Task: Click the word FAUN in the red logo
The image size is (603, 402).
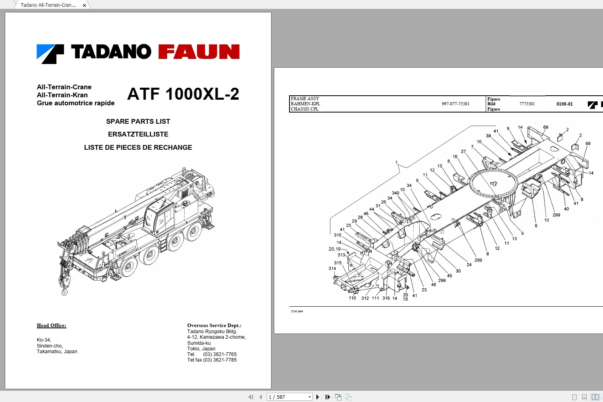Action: (199, 52)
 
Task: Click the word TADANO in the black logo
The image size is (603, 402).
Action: (111, 52)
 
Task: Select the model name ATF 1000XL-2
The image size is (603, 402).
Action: (183, 94)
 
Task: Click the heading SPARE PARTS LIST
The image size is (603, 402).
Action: (138, 121)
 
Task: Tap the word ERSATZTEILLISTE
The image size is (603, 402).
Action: (138, 134)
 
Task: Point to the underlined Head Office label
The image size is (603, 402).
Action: (51, 326)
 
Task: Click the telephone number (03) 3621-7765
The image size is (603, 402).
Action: (219, 354)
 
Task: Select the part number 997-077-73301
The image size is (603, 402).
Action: (455, 104)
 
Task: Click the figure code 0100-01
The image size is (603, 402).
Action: (564, 104)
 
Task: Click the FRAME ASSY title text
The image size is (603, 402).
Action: (305, 98)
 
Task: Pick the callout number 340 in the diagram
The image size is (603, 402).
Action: (395, 193)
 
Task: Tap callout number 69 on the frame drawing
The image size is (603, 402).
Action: (545, 127)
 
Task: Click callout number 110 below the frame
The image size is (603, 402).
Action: (352, 298)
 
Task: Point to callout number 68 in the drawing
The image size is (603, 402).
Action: (588, 143)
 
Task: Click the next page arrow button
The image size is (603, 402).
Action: (318, 397)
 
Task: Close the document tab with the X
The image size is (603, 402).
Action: (84, 5)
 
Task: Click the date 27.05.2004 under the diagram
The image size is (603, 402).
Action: (297, 311)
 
